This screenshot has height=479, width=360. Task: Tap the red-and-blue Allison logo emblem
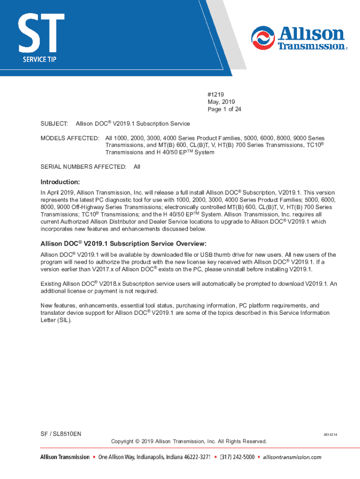tap(263, 38)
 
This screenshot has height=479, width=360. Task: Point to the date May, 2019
tap(221, 102)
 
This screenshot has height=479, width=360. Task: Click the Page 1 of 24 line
tap(224, 109)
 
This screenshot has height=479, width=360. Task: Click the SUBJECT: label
tap(54, 123)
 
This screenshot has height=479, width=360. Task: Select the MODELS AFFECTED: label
tap(70, 138)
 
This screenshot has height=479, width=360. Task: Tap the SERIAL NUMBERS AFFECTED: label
tap(83, 167)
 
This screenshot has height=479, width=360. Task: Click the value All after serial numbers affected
tap(137, 167)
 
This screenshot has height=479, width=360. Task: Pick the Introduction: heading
tap(60, 181)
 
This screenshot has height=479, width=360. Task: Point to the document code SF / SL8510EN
tap(61, 434)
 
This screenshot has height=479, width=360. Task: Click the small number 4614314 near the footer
tap(330, 435)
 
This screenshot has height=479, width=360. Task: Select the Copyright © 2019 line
tap(189, 441)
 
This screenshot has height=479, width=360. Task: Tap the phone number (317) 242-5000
tap(237, 457)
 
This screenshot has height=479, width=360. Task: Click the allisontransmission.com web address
tap(292, 457)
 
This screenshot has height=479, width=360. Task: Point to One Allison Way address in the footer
tap(154, 457)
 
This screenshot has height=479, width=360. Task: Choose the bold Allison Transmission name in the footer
tap(64, 457)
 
